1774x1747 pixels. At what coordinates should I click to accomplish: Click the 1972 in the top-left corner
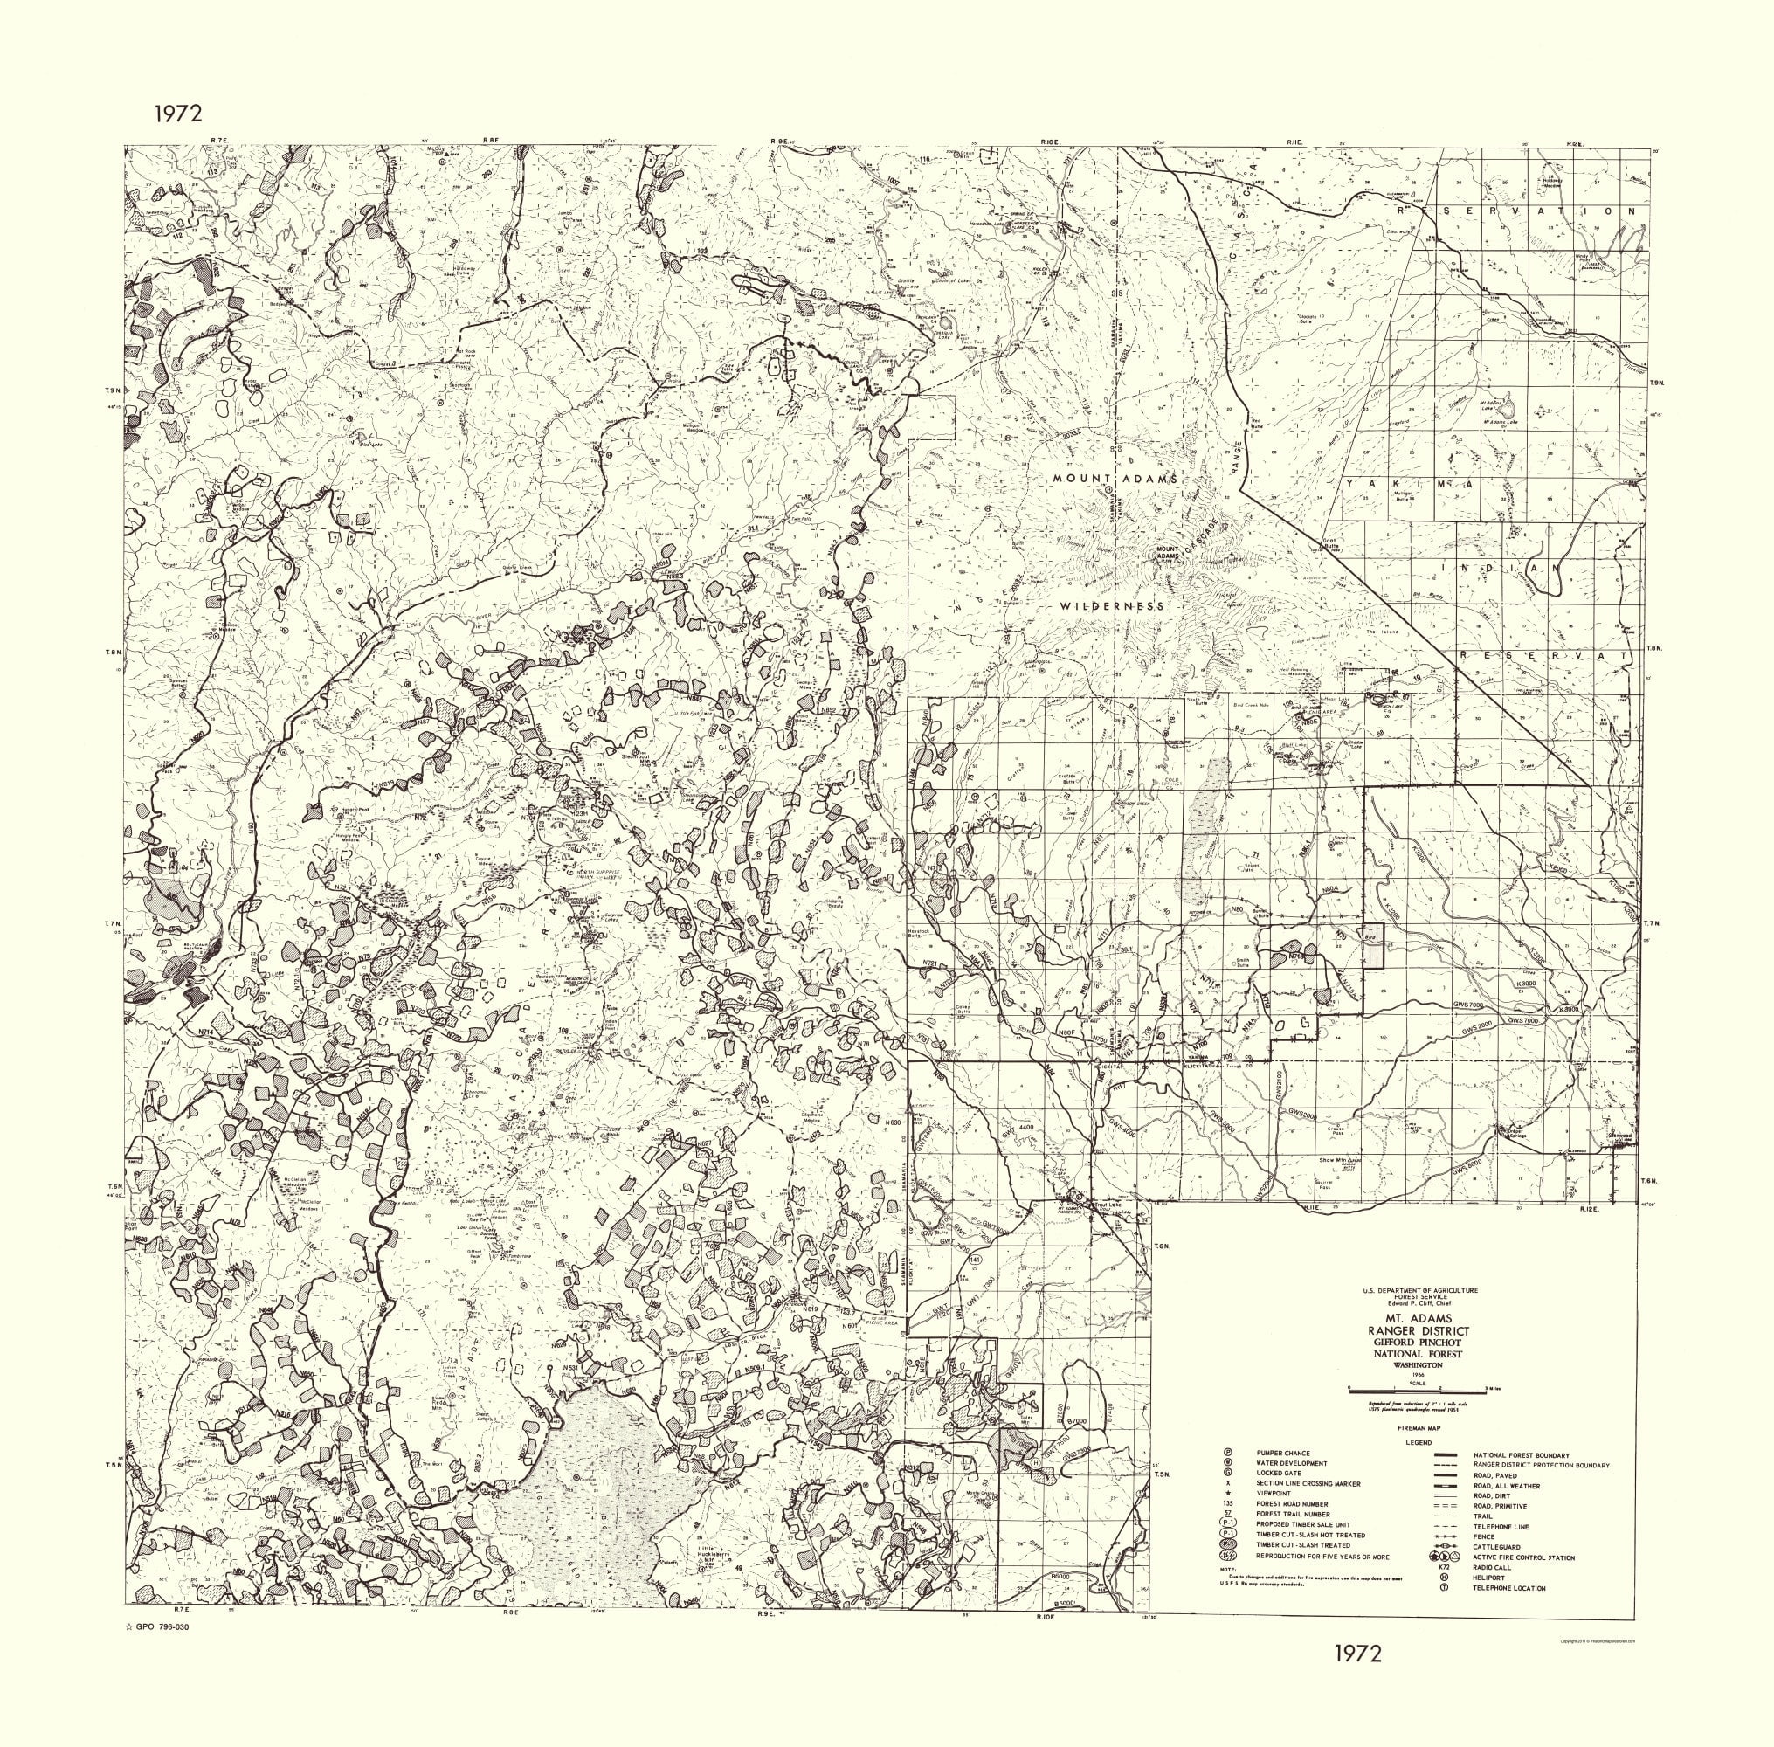(x=177, y=114)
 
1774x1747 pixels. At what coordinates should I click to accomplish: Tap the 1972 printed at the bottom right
(x=1357, y=1653)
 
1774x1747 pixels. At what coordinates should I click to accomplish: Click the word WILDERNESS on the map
(x=1112, y=606)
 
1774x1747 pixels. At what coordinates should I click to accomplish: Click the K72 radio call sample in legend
(x=1444, y=1567)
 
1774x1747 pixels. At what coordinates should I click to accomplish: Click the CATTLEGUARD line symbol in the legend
(x=1444, y=1547)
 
